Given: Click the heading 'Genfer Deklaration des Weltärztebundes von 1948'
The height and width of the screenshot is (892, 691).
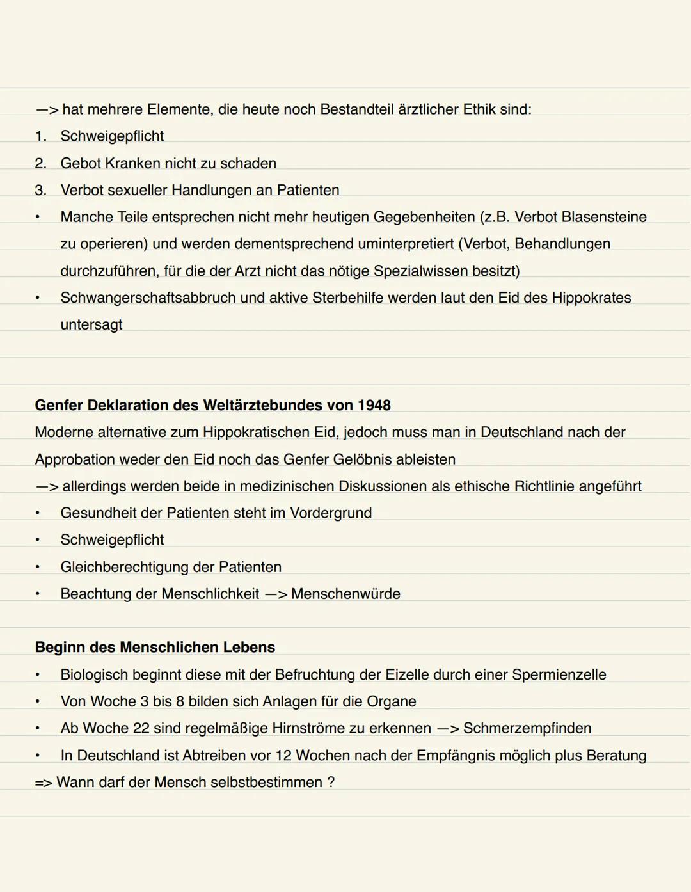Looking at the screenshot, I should tap(212, 405).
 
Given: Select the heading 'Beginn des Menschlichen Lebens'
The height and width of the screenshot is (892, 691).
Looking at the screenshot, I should tap(155, 647).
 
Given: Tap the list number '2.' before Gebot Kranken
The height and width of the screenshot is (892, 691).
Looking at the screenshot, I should tap(40, 163).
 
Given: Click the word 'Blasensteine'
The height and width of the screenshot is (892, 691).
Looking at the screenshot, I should tap(603, 217).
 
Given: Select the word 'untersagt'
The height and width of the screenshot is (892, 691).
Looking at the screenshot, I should tap(91, 324).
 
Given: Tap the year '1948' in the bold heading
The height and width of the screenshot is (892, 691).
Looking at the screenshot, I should tap(374, 405).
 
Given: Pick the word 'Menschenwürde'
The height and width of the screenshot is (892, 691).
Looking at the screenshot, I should tap(345, 594).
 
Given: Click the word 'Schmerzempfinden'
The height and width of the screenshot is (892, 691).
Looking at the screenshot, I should tap(527, 728).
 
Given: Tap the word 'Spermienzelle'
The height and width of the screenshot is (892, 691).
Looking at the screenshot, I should tap(559, 674).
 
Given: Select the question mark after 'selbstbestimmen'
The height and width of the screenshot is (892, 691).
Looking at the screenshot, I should tap(331, 782).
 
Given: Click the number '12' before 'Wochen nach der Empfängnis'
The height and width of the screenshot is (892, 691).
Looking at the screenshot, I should tap(283, 755).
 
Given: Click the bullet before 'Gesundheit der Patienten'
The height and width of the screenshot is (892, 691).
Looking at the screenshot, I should tap(38, 513).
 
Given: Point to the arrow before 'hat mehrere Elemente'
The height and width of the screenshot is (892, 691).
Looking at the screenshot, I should tap(47, 109).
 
